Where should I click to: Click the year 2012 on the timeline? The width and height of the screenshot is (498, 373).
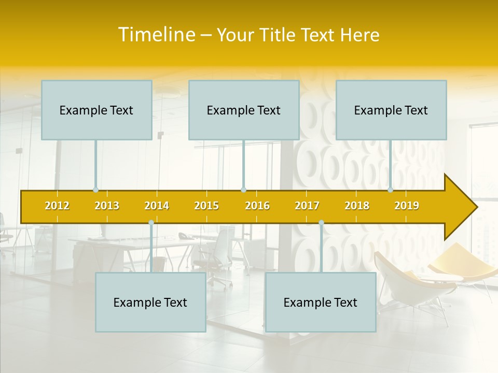click(57, 206)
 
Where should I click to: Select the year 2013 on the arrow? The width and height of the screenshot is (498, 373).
click(107, 206)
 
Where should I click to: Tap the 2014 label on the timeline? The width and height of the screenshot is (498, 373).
click(157, 206)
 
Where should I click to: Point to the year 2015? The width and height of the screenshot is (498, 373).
click(206, 206)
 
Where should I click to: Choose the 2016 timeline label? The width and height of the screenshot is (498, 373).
click(257, 206)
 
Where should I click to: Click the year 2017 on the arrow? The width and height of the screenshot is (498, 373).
click(307, 206)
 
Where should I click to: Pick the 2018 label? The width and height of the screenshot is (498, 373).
click(357, 206)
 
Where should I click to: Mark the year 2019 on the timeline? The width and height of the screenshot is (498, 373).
click(407, 206)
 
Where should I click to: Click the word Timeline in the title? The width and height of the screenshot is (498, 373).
click(156, 35)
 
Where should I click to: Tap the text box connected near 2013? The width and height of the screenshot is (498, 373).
click(96, 110)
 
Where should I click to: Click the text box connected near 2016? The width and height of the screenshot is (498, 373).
click(244, 110)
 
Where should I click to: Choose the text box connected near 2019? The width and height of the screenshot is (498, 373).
click(391, 110)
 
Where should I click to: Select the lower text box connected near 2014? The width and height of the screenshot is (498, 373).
click(150, 302)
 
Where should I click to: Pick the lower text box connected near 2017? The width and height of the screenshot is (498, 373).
click(321, 302)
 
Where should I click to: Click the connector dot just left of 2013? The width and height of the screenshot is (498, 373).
click(95, 190)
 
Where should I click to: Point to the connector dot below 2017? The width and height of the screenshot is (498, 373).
click(321, 223)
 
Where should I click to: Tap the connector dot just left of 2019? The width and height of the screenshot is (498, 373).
click(391, 190)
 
